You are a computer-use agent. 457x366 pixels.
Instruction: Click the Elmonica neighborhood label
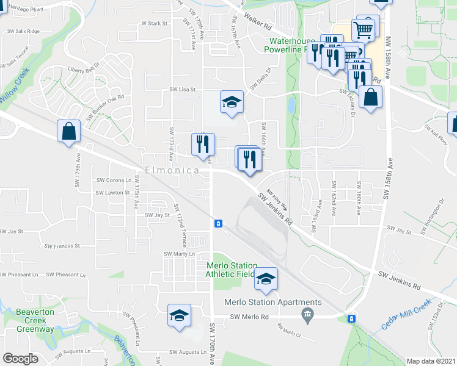(172, 171)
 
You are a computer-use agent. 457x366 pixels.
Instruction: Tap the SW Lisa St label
(182, 89)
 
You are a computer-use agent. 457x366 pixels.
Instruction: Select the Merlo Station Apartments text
(272, 302)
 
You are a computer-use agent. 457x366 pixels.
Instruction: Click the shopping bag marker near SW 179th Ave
(69, 131)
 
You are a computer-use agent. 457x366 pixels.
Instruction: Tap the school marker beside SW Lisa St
(232, 102)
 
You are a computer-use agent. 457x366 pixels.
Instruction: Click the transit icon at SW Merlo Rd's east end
(351, 318)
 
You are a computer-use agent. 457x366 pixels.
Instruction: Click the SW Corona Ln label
(114, 181)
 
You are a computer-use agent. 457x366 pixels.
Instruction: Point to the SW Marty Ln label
(179, 254)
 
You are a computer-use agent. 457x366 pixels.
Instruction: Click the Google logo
(21, 358)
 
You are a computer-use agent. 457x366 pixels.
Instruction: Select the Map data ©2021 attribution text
(430, 361)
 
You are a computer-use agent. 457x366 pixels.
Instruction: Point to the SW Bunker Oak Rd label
(105, 106)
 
